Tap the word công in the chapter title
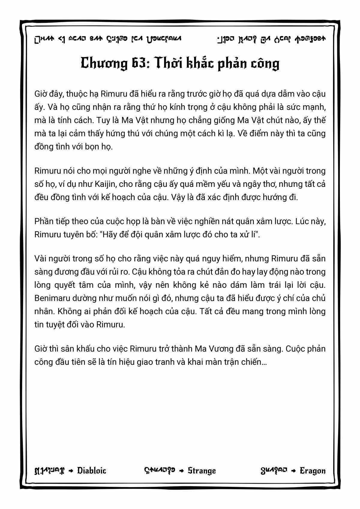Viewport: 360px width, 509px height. [264, 64]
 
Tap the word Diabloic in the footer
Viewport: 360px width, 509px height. [91, 470]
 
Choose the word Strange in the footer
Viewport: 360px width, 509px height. [202, 470]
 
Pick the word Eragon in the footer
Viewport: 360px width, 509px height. [313, 470]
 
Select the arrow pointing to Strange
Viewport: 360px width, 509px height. [181, 471]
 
